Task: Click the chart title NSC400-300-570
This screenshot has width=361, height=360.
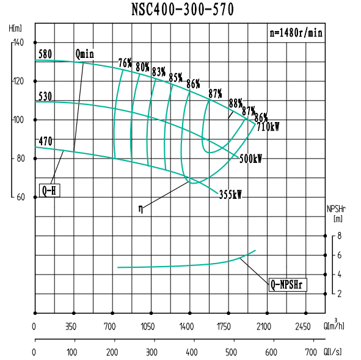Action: pyautogui.click(x=182, y=10)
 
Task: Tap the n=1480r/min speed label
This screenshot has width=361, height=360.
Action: pyautogui.click(x=296, y=33)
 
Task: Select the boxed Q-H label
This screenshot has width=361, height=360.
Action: pyautogui.click(x=49, y=190)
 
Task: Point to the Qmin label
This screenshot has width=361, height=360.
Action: pyautogui.click(x=85, y=54)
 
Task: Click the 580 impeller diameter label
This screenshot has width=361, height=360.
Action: pyautogui.click(x=45, y=54)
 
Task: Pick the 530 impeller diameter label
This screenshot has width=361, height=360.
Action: pyautogui.click(x=45, y=96)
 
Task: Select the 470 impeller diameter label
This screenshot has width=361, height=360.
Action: pyautogui.click(x=45, y=141)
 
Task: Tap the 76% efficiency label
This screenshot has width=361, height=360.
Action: pyautogui.click(x=125, y=63)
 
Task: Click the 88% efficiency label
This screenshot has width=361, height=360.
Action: pyautogui.click(x=236, y=103)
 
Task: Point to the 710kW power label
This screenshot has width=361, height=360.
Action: pyautogui.click(x=268, y=127)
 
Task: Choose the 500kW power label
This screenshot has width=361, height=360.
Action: pyautogui.click(x=250, y=159)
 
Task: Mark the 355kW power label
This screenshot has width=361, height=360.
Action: pyautogui.click(x=230, y=195)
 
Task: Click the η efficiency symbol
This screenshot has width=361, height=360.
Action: pyautogui.click(x=141, y=209)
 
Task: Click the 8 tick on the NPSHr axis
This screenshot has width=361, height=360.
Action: pyautogui.click(x=339, y=236)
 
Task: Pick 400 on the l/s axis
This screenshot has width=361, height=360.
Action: pyautogui.click(x=192, y=352)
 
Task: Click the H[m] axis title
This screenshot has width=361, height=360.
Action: pyautogui.click(x=16, y=28)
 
